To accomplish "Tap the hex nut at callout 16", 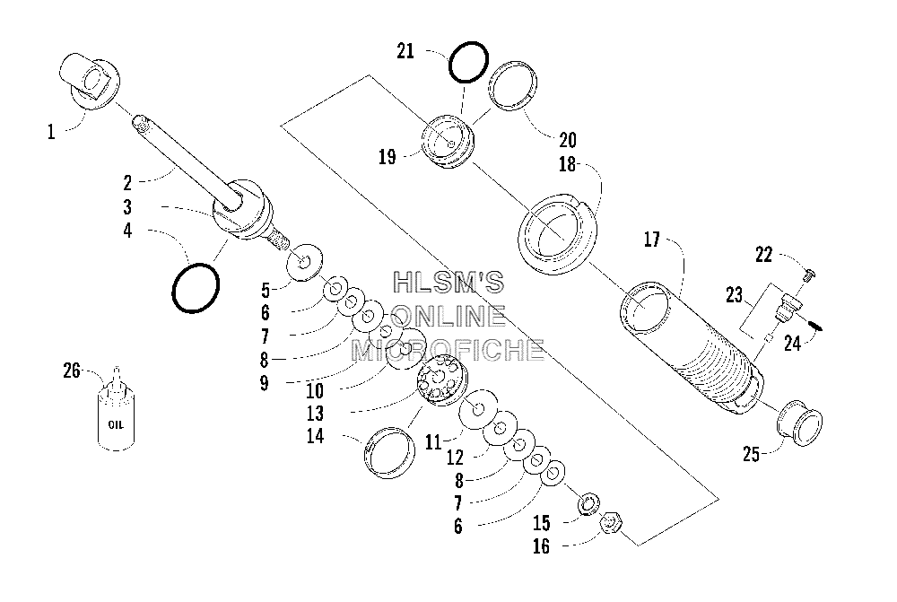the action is click(x=611, y=523).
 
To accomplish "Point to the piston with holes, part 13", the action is click(x=442, y=380).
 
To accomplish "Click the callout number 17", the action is click(x=651, y=240).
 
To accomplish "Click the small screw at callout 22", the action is click(x=809, y=275).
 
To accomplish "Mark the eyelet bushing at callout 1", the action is click(x=90, y=82).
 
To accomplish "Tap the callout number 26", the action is click(x=72, y=371).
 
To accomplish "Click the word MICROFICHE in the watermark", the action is click(x=448, y=350).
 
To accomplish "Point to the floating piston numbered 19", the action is click(x=448, y=142).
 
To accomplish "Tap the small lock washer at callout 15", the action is click(x=588, y=505).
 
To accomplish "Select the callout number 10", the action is click(x=315, y=391).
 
